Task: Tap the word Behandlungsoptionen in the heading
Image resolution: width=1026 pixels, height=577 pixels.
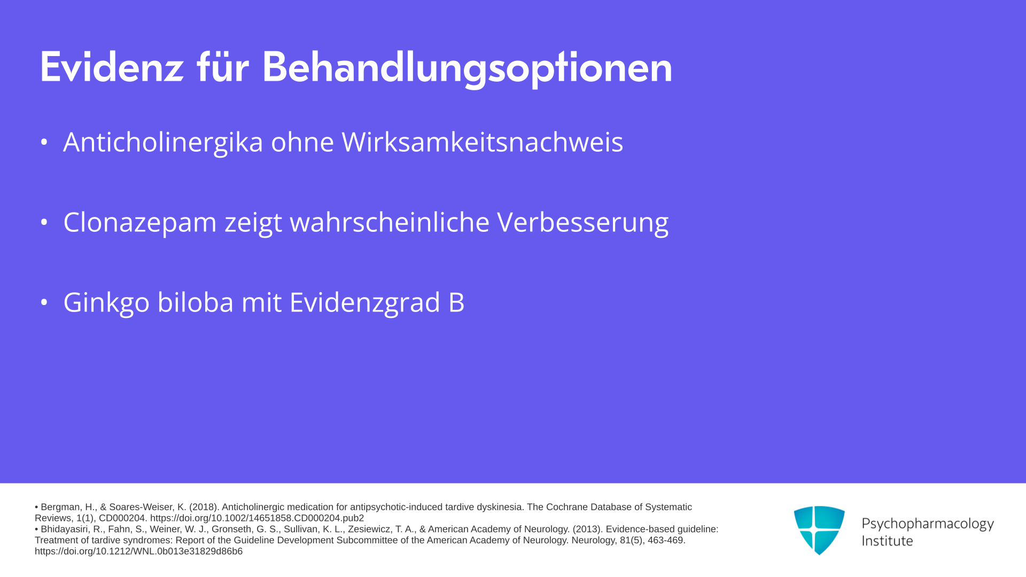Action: pyautogui.click(x=467, y=68)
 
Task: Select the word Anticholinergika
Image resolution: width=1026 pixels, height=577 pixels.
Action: pyautogui.click(x=163, y=142)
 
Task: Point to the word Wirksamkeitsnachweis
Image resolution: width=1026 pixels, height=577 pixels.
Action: pyautogui.click(x=483, y=142)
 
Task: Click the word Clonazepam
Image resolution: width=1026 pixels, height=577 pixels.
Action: pyautogui.click(x=140, y=223)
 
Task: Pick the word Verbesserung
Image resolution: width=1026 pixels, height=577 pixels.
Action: pyautogui.click(x=583, y=223)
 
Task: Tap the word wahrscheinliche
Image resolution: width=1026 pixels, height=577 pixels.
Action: pyautogui.click(x=390, y=222)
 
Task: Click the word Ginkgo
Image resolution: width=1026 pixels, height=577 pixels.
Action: pyautogui.click(x=106, y=303)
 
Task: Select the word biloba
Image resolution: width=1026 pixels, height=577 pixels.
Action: pyautogui.click(x=196, y=302)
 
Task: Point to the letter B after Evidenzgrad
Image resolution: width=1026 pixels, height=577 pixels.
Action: pyautogui.click(x=457, y=302)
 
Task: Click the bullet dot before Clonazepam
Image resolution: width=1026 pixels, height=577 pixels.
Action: pyautogui.click(x=44, y=222)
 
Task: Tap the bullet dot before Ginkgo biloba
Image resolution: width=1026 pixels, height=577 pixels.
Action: pyautogui.click(x=44, y=302)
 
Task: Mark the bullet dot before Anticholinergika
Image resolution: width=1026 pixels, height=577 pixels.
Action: pyautogui.click(x=44, y=142)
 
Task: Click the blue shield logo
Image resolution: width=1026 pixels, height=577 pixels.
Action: pyautogui.click(x=819, y=530)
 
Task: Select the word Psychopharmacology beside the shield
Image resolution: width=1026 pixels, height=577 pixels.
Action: pyautogui.click(x=928, y=524)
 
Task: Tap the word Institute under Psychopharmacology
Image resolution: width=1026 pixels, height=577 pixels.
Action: pyautogui.click(x=887, y=541)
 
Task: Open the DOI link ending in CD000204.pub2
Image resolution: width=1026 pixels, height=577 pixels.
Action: pyautogui.click(x=257, y=518)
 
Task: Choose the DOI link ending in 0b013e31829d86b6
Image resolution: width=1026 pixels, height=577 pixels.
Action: pyautogui.click(x=138, y=551)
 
